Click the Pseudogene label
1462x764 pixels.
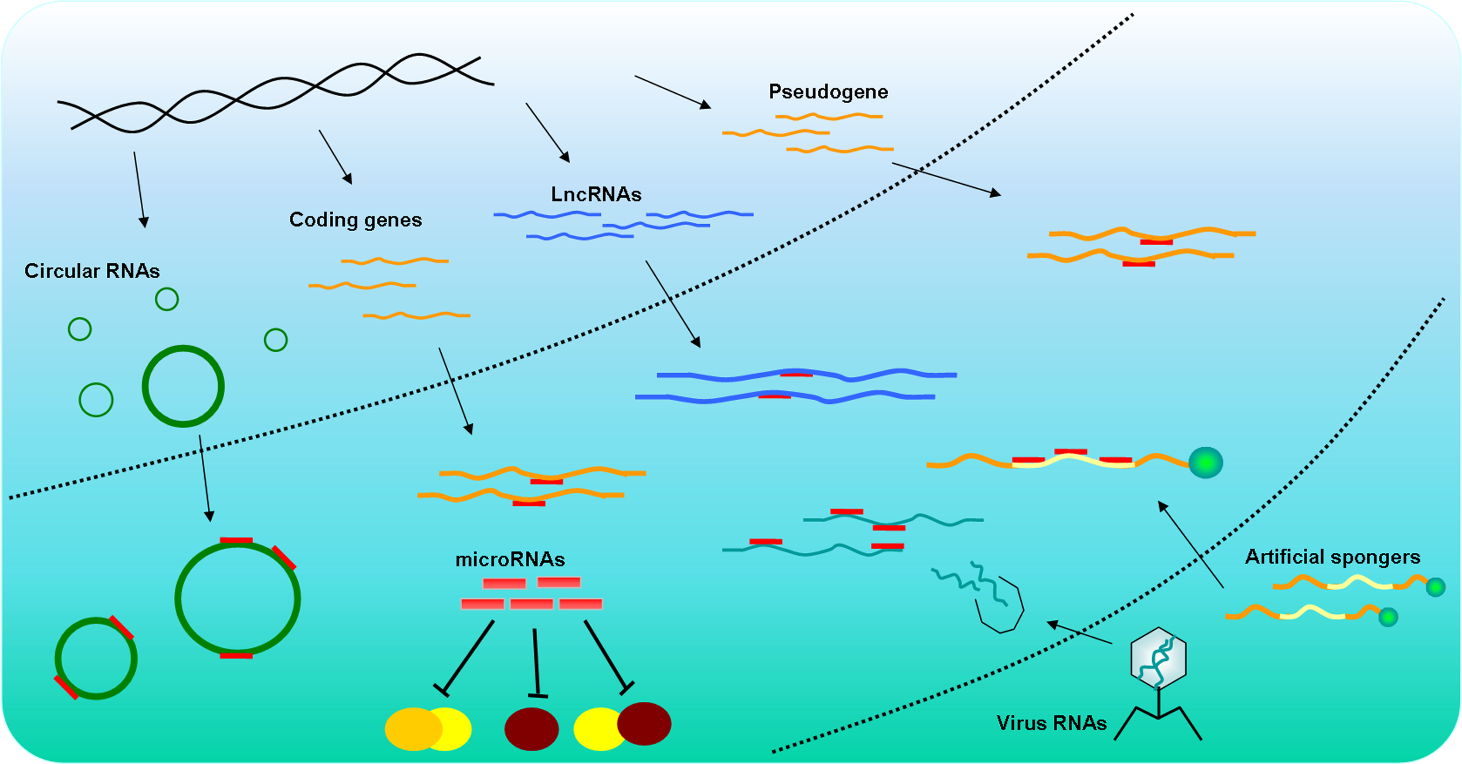click(828, 92)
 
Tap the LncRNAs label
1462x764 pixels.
click(596, 195)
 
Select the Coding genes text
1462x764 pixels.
click(355, 220)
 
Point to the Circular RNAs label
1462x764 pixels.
click(92, 271)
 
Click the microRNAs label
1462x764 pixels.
click(510, 560)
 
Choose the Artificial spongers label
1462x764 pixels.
click(1332, 557)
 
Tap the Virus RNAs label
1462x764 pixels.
click(1051, 723)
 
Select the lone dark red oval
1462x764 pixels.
click(531, 729)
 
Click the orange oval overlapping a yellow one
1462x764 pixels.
click(412, 729)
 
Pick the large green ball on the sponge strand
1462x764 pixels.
click(1205, 463)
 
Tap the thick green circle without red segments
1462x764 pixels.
click(183, 386)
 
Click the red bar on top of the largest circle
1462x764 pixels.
click(236, 540)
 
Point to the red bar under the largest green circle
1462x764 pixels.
click(236, 656)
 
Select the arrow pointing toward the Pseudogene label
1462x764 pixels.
click(672, 91)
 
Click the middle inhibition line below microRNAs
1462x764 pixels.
click(536, 662)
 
